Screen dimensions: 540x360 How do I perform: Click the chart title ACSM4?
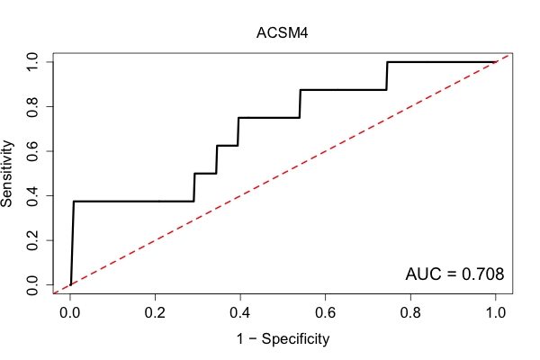(282, 33)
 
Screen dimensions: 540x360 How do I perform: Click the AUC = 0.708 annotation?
(454, 274)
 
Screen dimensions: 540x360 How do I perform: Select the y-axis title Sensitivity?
(7, 174)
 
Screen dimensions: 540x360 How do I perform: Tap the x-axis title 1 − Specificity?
(283, 339)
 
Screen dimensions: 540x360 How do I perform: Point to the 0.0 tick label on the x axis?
(70, 313)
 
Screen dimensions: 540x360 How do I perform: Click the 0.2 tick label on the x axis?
(155, 313)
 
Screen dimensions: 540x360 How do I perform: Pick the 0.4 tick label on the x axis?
(240, 313)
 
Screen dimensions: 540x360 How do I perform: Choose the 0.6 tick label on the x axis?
(325, 313)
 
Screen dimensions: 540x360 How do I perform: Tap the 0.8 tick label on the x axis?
(410, 313)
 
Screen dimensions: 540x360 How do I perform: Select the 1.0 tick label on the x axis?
(496, 313)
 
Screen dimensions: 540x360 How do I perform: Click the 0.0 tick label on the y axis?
(32, 285)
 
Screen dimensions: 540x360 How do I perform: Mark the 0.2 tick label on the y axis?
(32, 240)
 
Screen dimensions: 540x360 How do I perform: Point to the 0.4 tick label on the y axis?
(32, 195)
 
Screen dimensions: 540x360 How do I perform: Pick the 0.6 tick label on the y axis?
(32, 151)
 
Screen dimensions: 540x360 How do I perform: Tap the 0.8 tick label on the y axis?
(32, 107)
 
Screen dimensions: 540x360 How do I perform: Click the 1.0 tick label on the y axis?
(32, 62)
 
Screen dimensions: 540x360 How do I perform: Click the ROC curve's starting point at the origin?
(70, 284)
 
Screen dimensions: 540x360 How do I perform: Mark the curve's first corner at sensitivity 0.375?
(74, 202)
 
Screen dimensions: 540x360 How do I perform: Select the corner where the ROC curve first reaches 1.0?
(387, 62)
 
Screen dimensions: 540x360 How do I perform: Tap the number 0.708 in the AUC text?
(482, 274)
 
